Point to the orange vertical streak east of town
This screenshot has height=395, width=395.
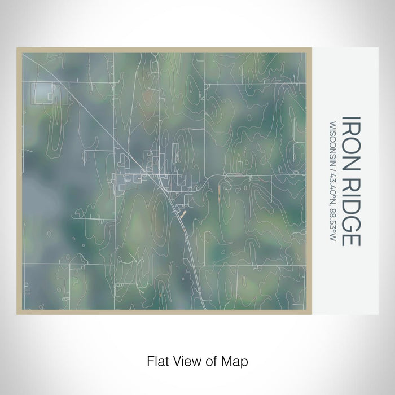218,195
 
